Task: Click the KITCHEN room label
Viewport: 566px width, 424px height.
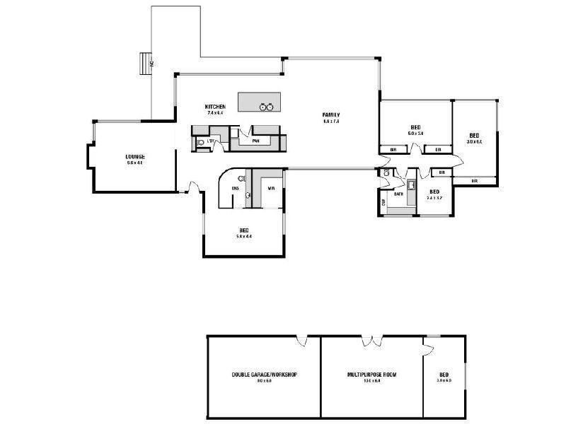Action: click(215, 107)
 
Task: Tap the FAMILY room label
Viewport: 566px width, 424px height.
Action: click(331, 115)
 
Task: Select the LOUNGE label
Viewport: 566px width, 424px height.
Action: click(135, 156)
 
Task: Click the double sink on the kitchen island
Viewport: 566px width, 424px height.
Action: click(266, 107)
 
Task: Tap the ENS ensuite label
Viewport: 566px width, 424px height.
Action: click(234, 189)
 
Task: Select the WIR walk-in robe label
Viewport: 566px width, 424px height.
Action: click(271, 189)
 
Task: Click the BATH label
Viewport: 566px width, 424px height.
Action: click(398, 194)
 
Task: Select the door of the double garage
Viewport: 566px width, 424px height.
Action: click(302, 341)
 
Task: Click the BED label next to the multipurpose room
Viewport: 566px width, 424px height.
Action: click(444, 375)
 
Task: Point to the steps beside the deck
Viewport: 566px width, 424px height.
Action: click(145, 64)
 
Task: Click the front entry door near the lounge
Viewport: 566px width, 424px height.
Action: click(190, 187)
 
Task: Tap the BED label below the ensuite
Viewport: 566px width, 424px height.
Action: click(244, 230)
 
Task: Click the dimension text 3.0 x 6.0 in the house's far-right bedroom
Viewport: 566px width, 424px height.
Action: click(474, 142)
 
